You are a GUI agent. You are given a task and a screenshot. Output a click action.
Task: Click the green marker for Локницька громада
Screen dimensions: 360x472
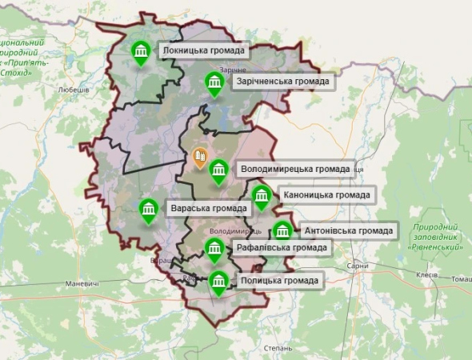pyautogui.click(x=142, y=54)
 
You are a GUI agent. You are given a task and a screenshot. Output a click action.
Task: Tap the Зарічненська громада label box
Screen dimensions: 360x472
pyautogui.click(x=281, y=81)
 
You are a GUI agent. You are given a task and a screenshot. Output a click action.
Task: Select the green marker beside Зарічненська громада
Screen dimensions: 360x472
pyautogui.click(x=213, y=83)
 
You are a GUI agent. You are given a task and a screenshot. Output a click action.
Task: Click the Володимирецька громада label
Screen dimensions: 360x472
pyautogui.click(x=295, y=169)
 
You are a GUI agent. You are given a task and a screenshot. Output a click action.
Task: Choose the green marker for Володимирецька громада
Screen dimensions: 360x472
pyautogui.click(x=218, y=170)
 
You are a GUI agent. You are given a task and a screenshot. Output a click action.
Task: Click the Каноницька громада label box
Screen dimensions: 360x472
pyautogui.click(x=326, y=194)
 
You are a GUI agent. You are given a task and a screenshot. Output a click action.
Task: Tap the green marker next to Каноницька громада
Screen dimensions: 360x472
pyautogui.click(x=262, y=197)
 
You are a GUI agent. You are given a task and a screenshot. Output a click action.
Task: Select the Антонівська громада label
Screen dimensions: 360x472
pyautogui.click(x=348, y=231)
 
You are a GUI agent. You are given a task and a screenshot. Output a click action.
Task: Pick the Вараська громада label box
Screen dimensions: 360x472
pyautogui.click(x=208, y=210)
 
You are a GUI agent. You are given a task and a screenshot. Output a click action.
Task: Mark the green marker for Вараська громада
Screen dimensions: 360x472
pyautogui.click(x=148, y=210)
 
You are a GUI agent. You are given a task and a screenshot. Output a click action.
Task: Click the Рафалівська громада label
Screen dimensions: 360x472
pyautogui.click(x=281, y=248)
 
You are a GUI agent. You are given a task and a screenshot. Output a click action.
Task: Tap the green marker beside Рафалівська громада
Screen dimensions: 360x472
pyautogui.click(x=214, y=250)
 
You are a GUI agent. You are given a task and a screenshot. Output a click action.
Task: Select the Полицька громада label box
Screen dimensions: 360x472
pyautogui.click(x=280, y=280)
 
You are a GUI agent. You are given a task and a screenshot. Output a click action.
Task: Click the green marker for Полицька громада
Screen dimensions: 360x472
pyautogui.click(x=218, y=282)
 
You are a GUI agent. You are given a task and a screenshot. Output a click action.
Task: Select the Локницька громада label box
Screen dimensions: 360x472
pyautogui.click(x=202, y=51)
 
